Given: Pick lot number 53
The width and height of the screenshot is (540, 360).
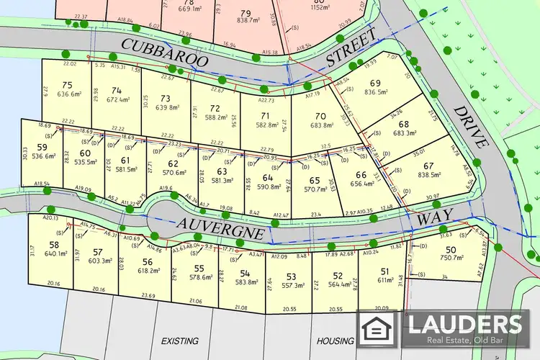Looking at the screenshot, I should (290, 276).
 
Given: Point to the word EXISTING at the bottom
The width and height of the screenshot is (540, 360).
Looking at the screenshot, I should (180, 341).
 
